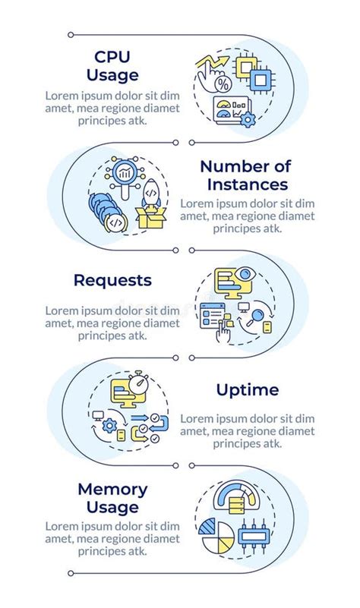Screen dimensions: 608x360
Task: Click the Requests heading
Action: tap(112, 280)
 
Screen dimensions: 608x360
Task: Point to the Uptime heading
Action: tap(247, 390)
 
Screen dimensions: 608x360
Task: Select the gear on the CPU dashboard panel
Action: tap(247, 120)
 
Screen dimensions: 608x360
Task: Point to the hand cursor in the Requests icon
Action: tap(224, 328)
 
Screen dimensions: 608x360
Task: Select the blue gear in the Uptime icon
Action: tap(109, 426)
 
